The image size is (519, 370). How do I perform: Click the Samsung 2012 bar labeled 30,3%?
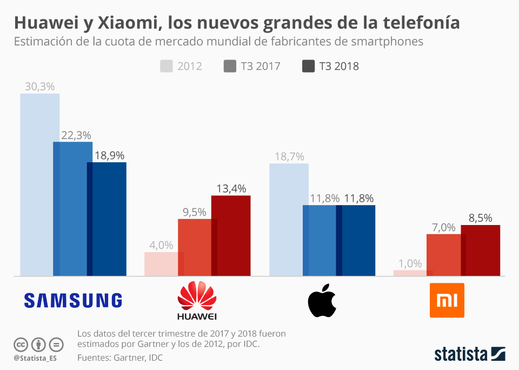tap(39, 184)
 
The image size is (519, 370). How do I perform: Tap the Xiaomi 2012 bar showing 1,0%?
tap(412, 273)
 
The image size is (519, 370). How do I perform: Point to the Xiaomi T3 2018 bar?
tap(480, 250)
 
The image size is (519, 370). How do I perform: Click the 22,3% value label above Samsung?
tap(76, 135)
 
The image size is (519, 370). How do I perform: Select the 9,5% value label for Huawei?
tap(194, 213)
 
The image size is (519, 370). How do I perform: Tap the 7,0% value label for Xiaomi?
tap(443, 228)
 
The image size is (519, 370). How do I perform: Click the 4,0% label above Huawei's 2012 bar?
tap(161, 245)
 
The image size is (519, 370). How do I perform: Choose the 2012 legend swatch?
tap(166, 66)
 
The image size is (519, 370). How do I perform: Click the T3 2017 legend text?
tap(261, 66)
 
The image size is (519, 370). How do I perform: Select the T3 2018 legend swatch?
tap(308, 66)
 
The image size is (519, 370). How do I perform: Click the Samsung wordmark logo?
tap(73, 300)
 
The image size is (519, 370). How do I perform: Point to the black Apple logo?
tap(322, 300)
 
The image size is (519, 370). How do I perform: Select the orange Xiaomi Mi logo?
tap(447, 300)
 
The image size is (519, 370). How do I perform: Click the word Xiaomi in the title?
tap(128, 23)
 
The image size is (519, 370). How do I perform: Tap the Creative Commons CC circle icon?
tap(21, 345)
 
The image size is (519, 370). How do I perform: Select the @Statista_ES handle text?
tap(35, 358)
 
